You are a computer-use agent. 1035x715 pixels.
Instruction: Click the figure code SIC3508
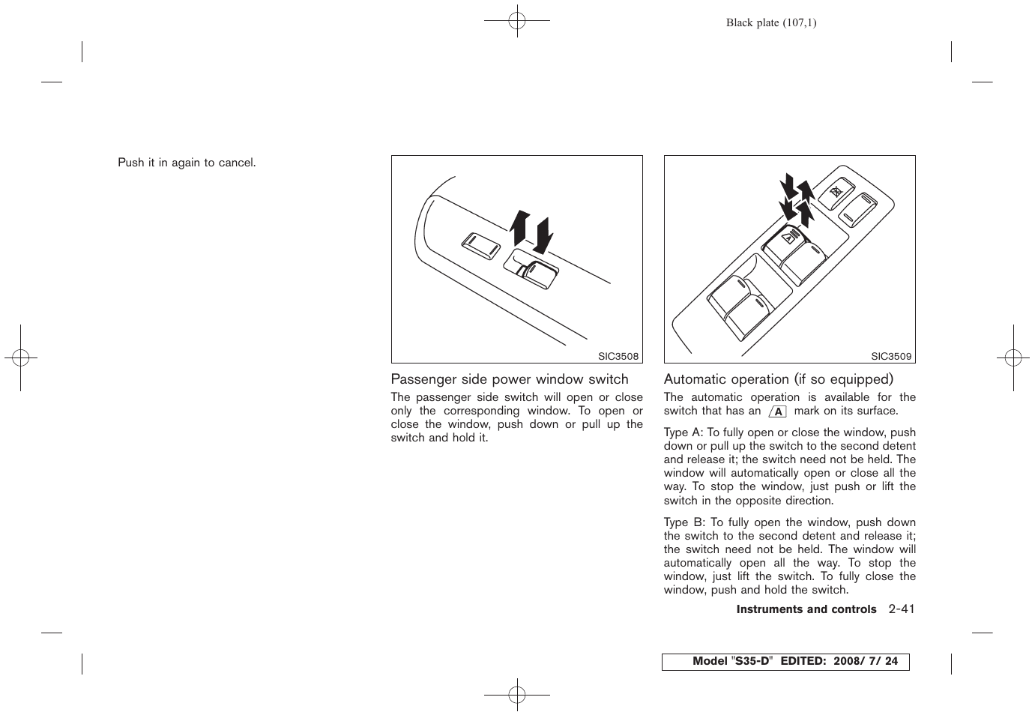tap(618, 357)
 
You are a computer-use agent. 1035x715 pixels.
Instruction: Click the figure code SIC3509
tap(891, 357)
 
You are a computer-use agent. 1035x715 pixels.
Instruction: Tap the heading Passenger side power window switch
tap(510, 379)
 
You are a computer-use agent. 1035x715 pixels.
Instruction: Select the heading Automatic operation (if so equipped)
tap(778, 379)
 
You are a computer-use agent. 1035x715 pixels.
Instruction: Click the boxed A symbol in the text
tap(777, 411)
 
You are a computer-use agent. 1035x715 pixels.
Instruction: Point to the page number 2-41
tap(902, 609)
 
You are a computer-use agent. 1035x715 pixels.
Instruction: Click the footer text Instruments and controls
tap(806, 609)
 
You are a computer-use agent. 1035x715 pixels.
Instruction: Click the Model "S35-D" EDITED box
tap(785, 661)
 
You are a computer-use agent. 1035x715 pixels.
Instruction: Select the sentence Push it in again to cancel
tap(187, 163)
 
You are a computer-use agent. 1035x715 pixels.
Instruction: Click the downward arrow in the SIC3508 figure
tap(544, 234)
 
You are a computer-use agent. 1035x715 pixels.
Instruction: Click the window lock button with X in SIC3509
tap(836, 192)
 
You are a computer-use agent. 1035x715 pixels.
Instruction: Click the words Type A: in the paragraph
tap(683, 432)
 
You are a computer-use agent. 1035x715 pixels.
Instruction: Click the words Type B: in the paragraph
tap(683, 522)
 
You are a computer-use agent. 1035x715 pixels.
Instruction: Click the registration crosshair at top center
tap(517, 21)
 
